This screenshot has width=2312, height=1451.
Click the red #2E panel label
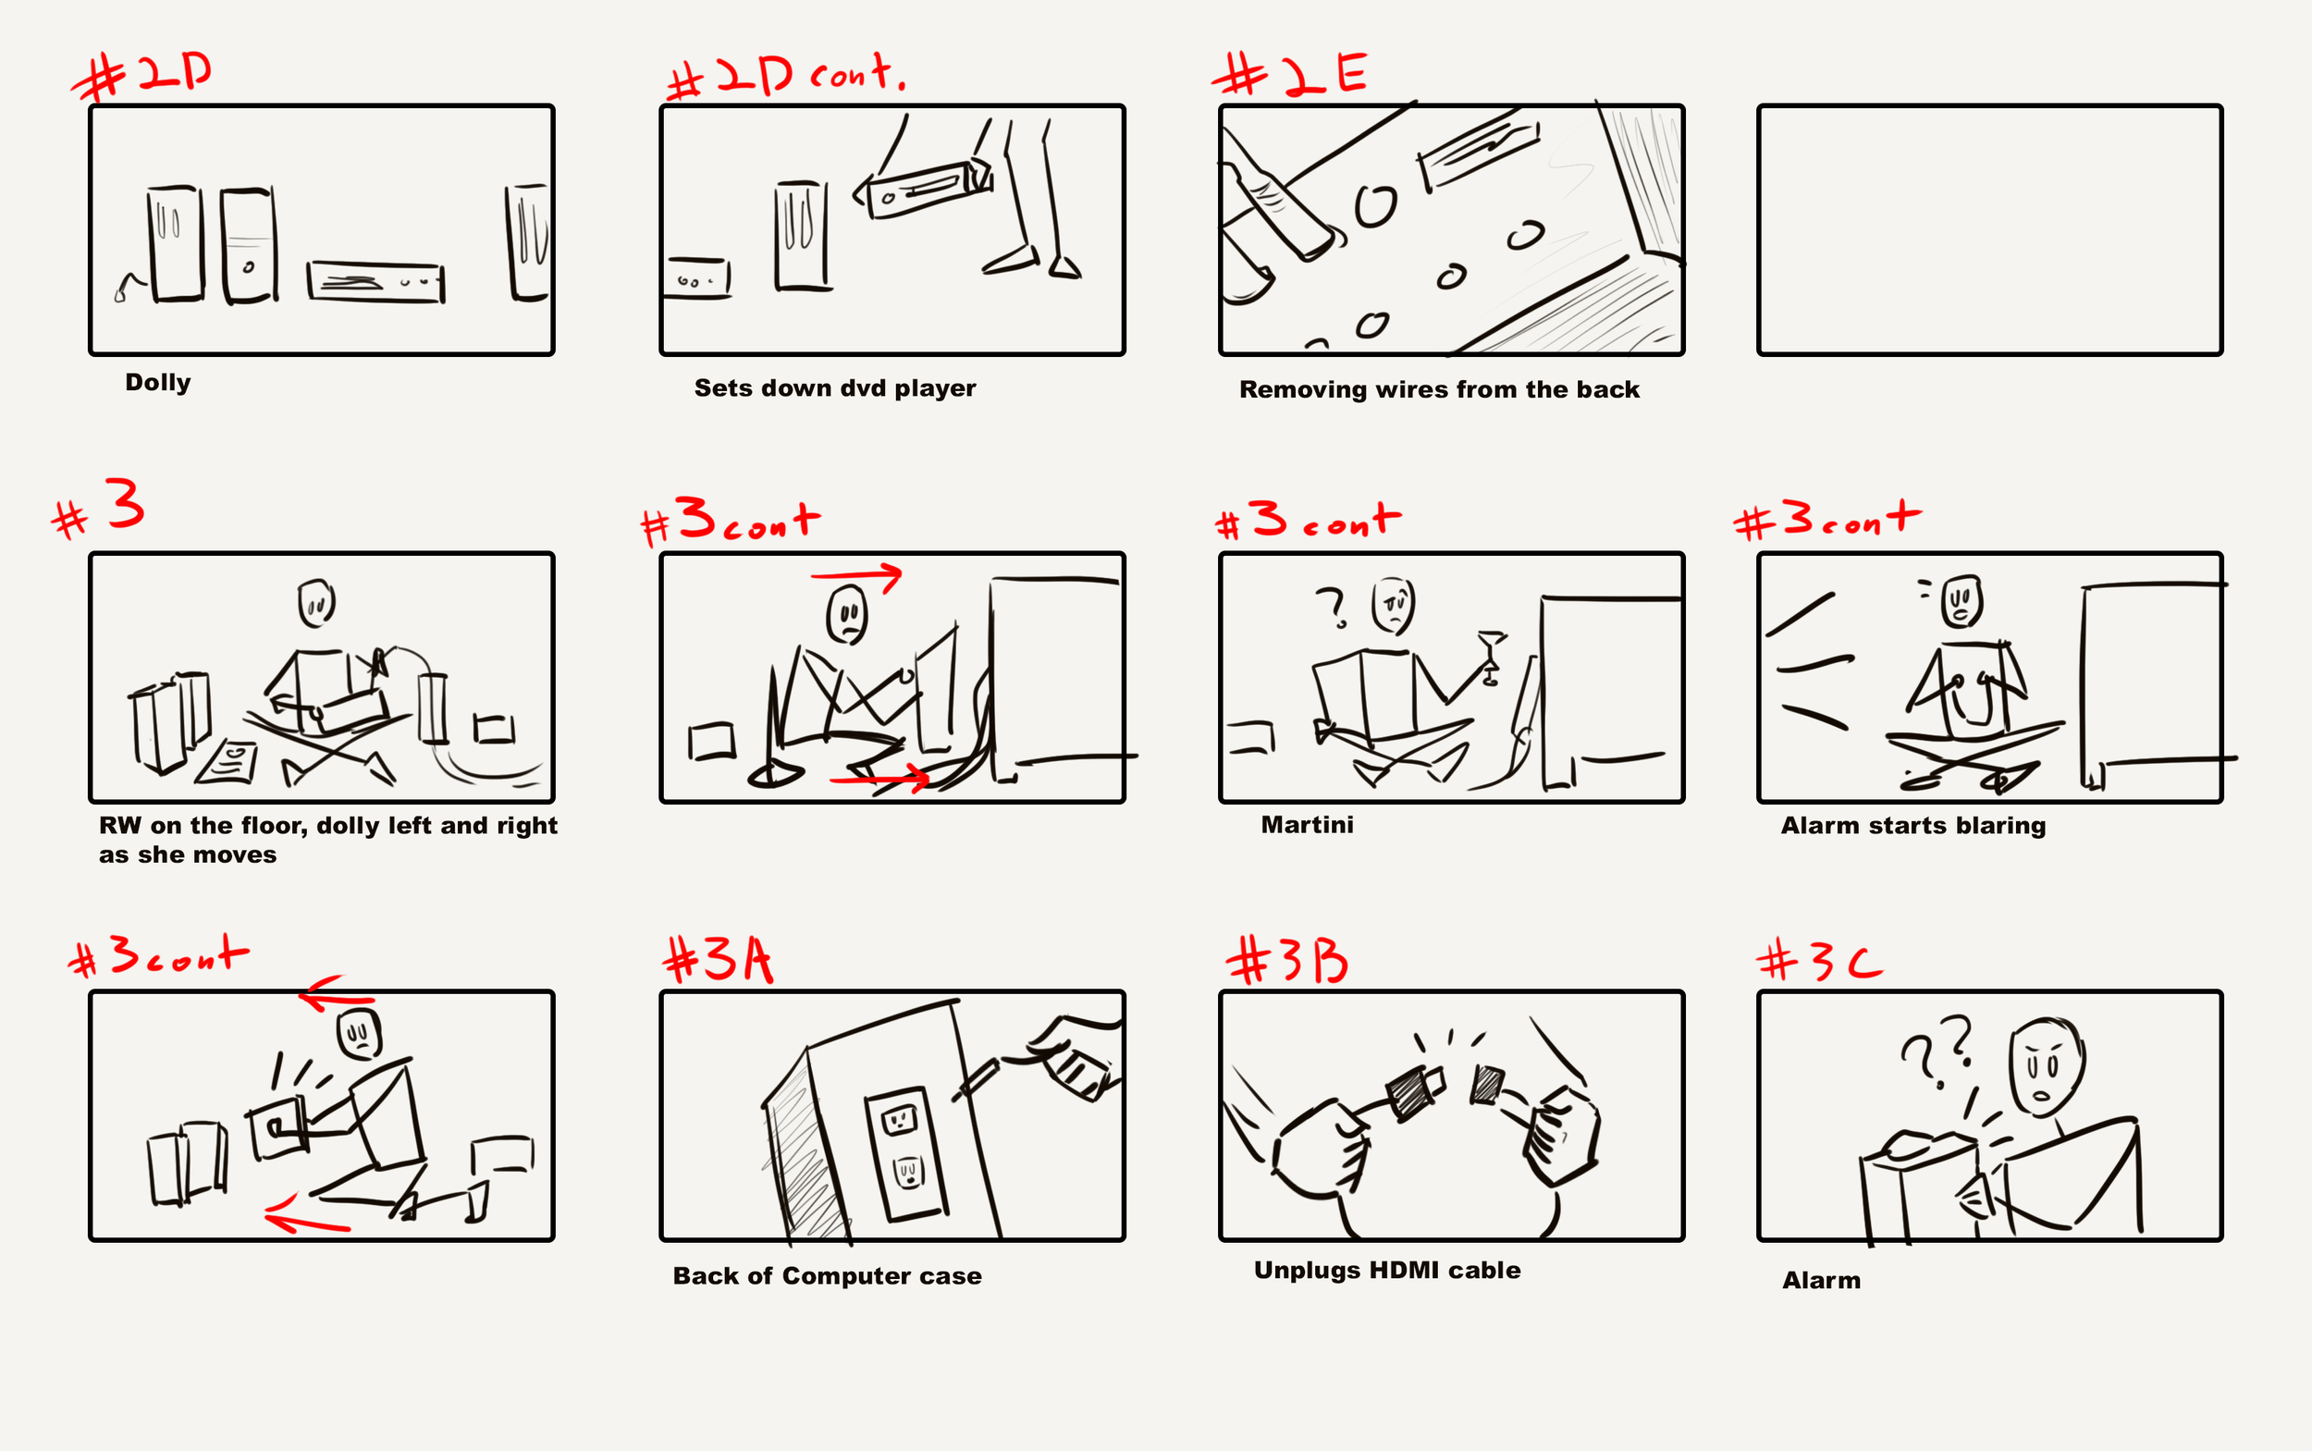click(1290, 75)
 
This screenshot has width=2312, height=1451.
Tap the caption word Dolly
click(158, 382)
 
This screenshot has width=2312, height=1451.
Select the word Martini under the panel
click(1307, 824)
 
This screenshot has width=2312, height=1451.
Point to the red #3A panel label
click(718, 959)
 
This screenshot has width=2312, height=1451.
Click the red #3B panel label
click(1288, 961)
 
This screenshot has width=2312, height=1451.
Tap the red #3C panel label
click(1820, 961)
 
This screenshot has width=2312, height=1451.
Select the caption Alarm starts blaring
click(1912, 825)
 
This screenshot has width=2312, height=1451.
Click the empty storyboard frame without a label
click(1989, 230)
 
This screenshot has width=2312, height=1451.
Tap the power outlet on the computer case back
click(904, 1152)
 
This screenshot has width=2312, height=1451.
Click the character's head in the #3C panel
click(2047, 1066)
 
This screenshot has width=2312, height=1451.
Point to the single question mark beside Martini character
click(1332, 608)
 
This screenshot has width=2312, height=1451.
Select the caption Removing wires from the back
click(1439, 388)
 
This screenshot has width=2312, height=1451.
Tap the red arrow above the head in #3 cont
click(856, 576)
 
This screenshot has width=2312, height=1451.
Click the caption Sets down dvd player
click(835, 387)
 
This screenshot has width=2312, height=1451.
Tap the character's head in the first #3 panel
click(315, 603)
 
